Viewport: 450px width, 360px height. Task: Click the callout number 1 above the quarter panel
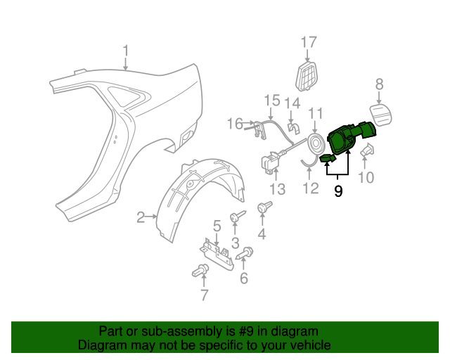(x=126, y=51)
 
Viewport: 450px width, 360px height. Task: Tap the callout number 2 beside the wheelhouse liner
(x=141, y=218)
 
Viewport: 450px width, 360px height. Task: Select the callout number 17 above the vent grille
(x=309, y=42)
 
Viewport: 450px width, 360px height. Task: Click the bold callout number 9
(x=338, y=191)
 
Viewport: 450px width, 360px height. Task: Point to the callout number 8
(x=379, y=84)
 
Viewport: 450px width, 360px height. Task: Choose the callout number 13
(x=277, y=189)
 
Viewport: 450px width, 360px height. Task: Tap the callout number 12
(x=310, y=188)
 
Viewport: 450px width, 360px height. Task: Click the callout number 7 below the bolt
(x=204, y=296)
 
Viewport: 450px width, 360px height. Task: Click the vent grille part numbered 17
(x=307, y=75)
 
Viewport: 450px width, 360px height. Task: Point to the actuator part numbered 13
(x=271, y=162)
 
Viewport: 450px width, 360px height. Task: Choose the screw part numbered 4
(x=265, y=207)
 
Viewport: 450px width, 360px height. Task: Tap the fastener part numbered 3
(x=237, y=217)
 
